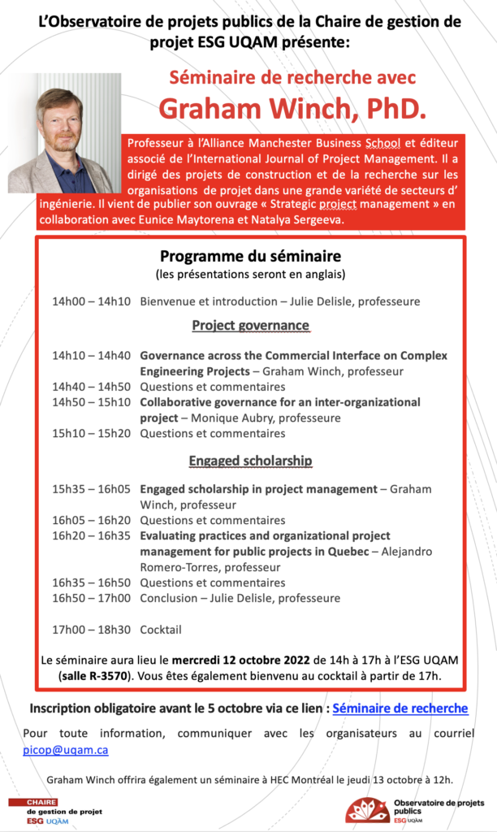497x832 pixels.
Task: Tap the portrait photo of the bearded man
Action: [x=63, y=134]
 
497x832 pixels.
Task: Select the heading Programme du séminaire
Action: [x=250, y=256]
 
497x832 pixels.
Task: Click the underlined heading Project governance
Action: [x=250, y=326]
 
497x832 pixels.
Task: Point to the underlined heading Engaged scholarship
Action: [x=250, y=461]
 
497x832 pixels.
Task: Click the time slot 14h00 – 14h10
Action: [x=91, y=301]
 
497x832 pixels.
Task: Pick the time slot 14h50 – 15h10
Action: [x=91, y=402]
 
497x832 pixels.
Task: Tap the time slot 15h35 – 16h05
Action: [x=91, y=489]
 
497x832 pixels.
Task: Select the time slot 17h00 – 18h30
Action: [x=91, y=629]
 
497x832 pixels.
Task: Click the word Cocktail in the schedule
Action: [x=161, y=629]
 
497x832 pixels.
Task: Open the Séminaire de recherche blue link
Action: [x=400, y=708]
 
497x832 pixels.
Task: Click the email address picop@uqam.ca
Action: [x=65, y=750]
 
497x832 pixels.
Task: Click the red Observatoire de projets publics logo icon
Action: [x=367, y=809]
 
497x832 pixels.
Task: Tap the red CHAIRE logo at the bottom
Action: [x=34, y=802]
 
